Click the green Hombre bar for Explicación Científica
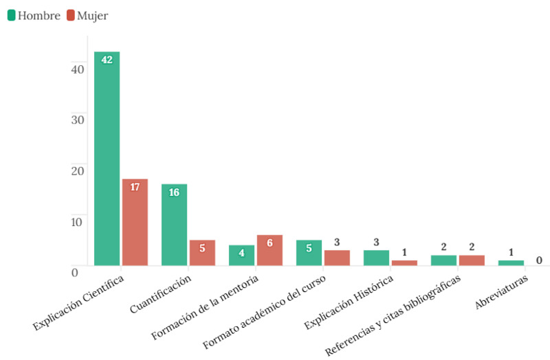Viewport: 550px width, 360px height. (x=107, y=158)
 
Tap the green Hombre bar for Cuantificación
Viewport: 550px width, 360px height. (x=174, y=225)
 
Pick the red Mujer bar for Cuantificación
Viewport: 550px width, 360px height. (x=202, y=252)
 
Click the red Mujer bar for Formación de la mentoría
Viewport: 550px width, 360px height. (x=269, y=250)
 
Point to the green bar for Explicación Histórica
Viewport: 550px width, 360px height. (x=376, y=258)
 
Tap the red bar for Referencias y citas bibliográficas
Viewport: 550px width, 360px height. (x=472, y=260)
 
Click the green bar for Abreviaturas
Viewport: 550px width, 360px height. (x=511, y=262)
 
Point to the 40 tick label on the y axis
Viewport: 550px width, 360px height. (x=77, y=69)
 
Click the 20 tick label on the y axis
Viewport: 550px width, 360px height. (x=77, y=170)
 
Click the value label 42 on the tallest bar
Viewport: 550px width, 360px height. (x=107, y=60)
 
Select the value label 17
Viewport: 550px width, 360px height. (x=135, y=187)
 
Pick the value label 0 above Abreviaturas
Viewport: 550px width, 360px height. (x=539, y=260)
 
